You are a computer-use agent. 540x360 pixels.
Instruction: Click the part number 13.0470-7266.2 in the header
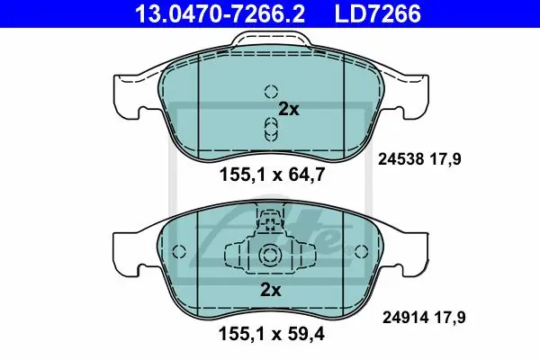(220, 13)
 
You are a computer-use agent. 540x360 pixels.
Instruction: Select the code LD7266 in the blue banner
(377, 13)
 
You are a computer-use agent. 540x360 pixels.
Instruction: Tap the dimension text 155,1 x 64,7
(272, 175)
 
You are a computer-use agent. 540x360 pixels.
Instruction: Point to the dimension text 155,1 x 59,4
(272, 334)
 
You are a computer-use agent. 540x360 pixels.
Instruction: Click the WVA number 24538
(400, 159)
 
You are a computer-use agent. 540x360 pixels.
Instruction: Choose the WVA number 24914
(405, 318)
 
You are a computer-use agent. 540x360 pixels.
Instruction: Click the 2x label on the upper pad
(289, 110)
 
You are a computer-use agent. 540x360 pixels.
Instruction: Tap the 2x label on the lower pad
(270, 290)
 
